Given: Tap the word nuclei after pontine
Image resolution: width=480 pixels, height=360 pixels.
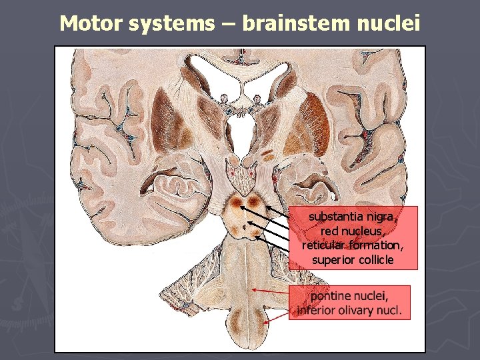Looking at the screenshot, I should pos(373,295).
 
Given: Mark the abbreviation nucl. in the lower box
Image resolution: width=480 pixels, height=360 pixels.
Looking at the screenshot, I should pos(391,310).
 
